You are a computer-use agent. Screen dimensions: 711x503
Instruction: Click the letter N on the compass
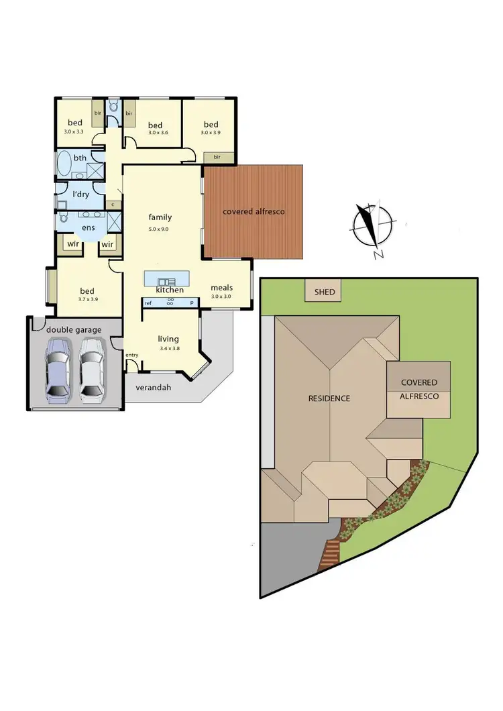click(378, 254)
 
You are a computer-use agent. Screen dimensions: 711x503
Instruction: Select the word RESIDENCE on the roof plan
click(329, 398)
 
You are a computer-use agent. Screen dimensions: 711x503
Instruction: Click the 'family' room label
click(160, 217)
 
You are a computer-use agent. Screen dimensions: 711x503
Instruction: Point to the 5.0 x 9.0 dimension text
click(160, 229)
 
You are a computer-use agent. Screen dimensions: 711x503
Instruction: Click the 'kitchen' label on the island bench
click(170, 290)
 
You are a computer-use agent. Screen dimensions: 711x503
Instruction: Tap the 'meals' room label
click(221, 288)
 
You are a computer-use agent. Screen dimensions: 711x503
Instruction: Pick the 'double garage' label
click(74, 329)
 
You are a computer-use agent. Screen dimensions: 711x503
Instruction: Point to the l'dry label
click(80, 195)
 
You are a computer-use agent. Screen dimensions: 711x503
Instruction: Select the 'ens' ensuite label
click(89, 228)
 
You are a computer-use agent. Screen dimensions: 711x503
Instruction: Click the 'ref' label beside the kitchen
click(148, 303)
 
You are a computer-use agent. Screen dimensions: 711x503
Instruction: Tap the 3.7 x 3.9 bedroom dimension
click(88, 299)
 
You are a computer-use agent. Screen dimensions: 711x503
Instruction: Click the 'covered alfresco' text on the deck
click(254, 211)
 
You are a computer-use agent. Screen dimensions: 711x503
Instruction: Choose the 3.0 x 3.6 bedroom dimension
click(156, 133)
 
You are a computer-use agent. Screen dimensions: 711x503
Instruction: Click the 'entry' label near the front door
click(131, 355)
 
